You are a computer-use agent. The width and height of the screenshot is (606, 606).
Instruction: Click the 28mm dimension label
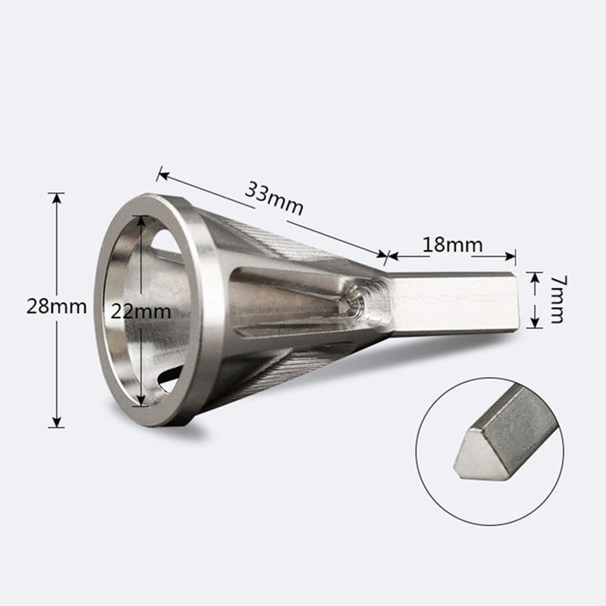[x=56, y=306]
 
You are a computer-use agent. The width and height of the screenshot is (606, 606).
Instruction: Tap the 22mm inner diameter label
[x=141, y=310]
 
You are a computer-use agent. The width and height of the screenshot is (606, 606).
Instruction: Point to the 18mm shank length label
[x=452, y=245]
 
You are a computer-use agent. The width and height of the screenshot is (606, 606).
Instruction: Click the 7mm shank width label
[x=555, y=300]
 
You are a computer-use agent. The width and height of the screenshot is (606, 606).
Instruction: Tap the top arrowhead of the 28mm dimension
[x=56, y=199]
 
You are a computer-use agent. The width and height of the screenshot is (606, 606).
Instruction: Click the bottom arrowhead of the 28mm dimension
[x=56, y=423]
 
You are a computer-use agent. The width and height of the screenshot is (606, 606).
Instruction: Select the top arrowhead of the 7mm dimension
[x=534, y=276]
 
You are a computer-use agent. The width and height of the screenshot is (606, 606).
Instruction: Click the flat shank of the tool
[x=454, y=305]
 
